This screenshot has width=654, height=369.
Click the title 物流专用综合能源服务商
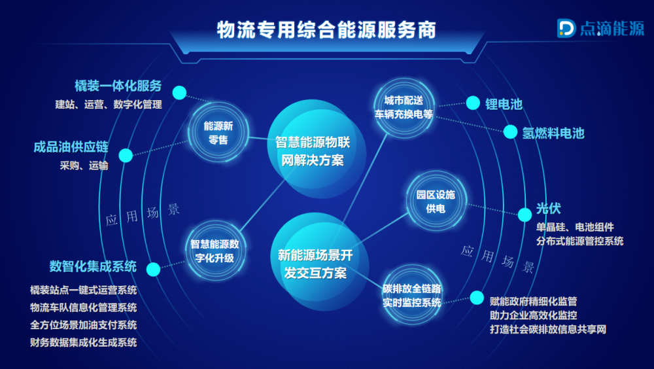326,30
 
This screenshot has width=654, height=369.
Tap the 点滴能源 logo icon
566,28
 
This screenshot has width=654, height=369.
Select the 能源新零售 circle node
218,133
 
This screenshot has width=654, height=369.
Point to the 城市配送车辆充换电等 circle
404,107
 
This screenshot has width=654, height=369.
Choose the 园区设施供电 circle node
436,202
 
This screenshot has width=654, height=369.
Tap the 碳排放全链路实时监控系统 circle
411,295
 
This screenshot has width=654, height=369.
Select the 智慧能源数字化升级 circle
215,251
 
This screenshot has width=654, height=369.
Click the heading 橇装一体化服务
118,86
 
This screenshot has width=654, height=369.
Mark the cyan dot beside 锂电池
473,103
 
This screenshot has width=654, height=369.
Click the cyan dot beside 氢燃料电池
510,132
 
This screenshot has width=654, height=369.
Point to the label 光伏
549,208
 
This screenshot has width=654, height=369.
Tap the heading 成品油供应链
71,147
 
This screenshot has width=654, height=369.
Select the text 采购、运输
84,166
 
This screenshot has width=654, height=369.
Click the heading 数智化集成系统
93,266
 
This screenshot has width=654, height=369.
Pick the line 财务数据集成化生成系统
84,343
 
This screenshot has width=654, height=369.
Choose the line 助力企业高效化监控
534,315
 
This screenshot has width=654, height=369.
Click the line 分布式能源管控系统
579,241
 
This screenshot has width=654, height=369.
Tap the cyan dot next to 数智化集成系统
153,270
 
